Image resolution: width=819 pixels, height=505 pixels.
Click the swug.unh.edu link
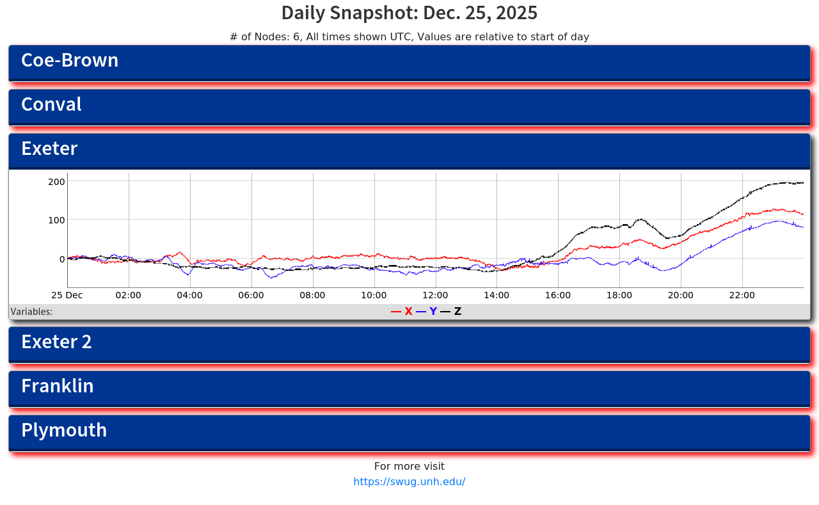(x=409, y=482)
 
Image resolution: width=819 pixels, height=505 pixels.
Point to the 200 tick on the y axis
(x=56, y=182)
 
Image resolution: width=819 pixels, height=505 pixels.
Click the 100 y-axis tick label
(x=56, y=220)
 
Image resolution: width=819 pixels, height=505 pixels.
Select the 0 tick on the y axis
(x=61, y=259)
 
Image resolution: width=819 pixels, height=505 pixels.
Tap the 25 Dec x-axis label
(x=67, y=295)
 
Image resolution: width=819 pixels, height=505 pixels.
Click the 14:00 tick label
(x=497, y=295)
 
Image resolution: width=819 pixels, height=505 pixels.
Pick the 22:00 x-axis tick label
(x=742, y=295)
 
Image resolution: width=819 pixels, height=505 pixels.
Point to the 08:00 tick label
(x=312, y=295)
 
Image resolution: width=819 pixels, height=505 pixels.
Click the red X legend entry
(x=402, y=312)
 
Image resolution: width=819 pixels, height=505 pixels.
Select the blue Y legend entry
(x=427, y=312)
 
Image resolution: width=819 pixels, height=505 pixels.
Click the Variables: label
(x=31, y=312)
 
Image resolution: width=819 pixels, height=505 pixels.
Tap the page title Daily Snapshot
(x=409, y=13)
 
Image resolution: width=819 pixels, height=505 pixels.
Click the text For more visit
(x=409, y=467)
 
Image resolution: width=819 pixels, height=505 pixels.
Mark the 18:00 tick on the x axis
(x=619, y=295)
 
